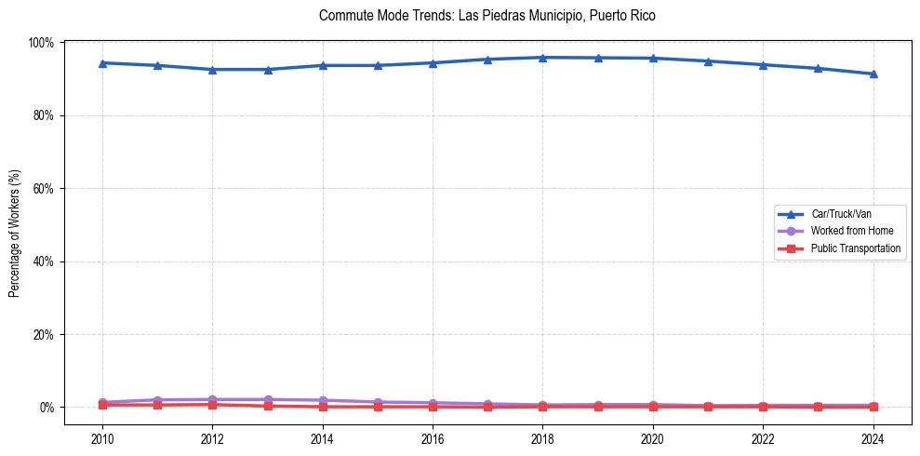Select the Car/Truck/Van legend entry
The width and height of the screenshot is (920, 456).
point(841,214)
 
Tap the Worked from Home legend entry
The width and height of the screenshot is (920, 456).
point(852,231)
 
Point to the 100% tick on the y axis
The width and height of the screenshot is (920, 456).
point(41,43)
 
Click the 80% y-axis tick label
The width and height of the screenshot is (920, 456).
point(43,115)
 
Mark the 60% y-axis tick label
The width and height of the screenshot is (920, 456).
point(43,188)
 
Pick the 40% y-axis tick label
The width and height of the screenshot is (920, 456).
point(43,262)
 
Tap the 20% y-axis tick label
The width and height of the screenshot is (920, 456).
point(43,334)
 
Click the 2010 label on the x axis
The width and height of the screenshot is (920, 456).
point(102,439)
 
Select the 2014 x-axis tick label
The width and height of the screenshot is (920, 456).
point(322,439)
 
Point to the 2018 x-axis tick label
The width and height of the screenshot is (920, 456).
point(542,439)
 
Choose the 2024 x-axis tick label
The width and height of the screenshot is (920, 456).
point(873,439)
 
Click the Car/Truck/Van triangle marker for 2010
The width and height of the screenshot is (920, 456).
point(102,62)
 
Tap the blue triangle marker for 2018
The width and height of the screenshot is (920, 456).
point(542,58)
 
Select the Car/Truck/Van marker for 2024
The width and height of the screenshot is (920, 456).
point(873,74)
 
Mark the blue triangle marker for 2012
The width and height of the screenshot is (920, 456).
point(212,69)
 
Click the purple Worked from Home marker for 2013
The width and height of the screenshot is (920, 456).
point(267,399)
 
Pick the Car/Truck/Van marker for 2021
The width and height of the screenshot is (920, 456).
point(708,61)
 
